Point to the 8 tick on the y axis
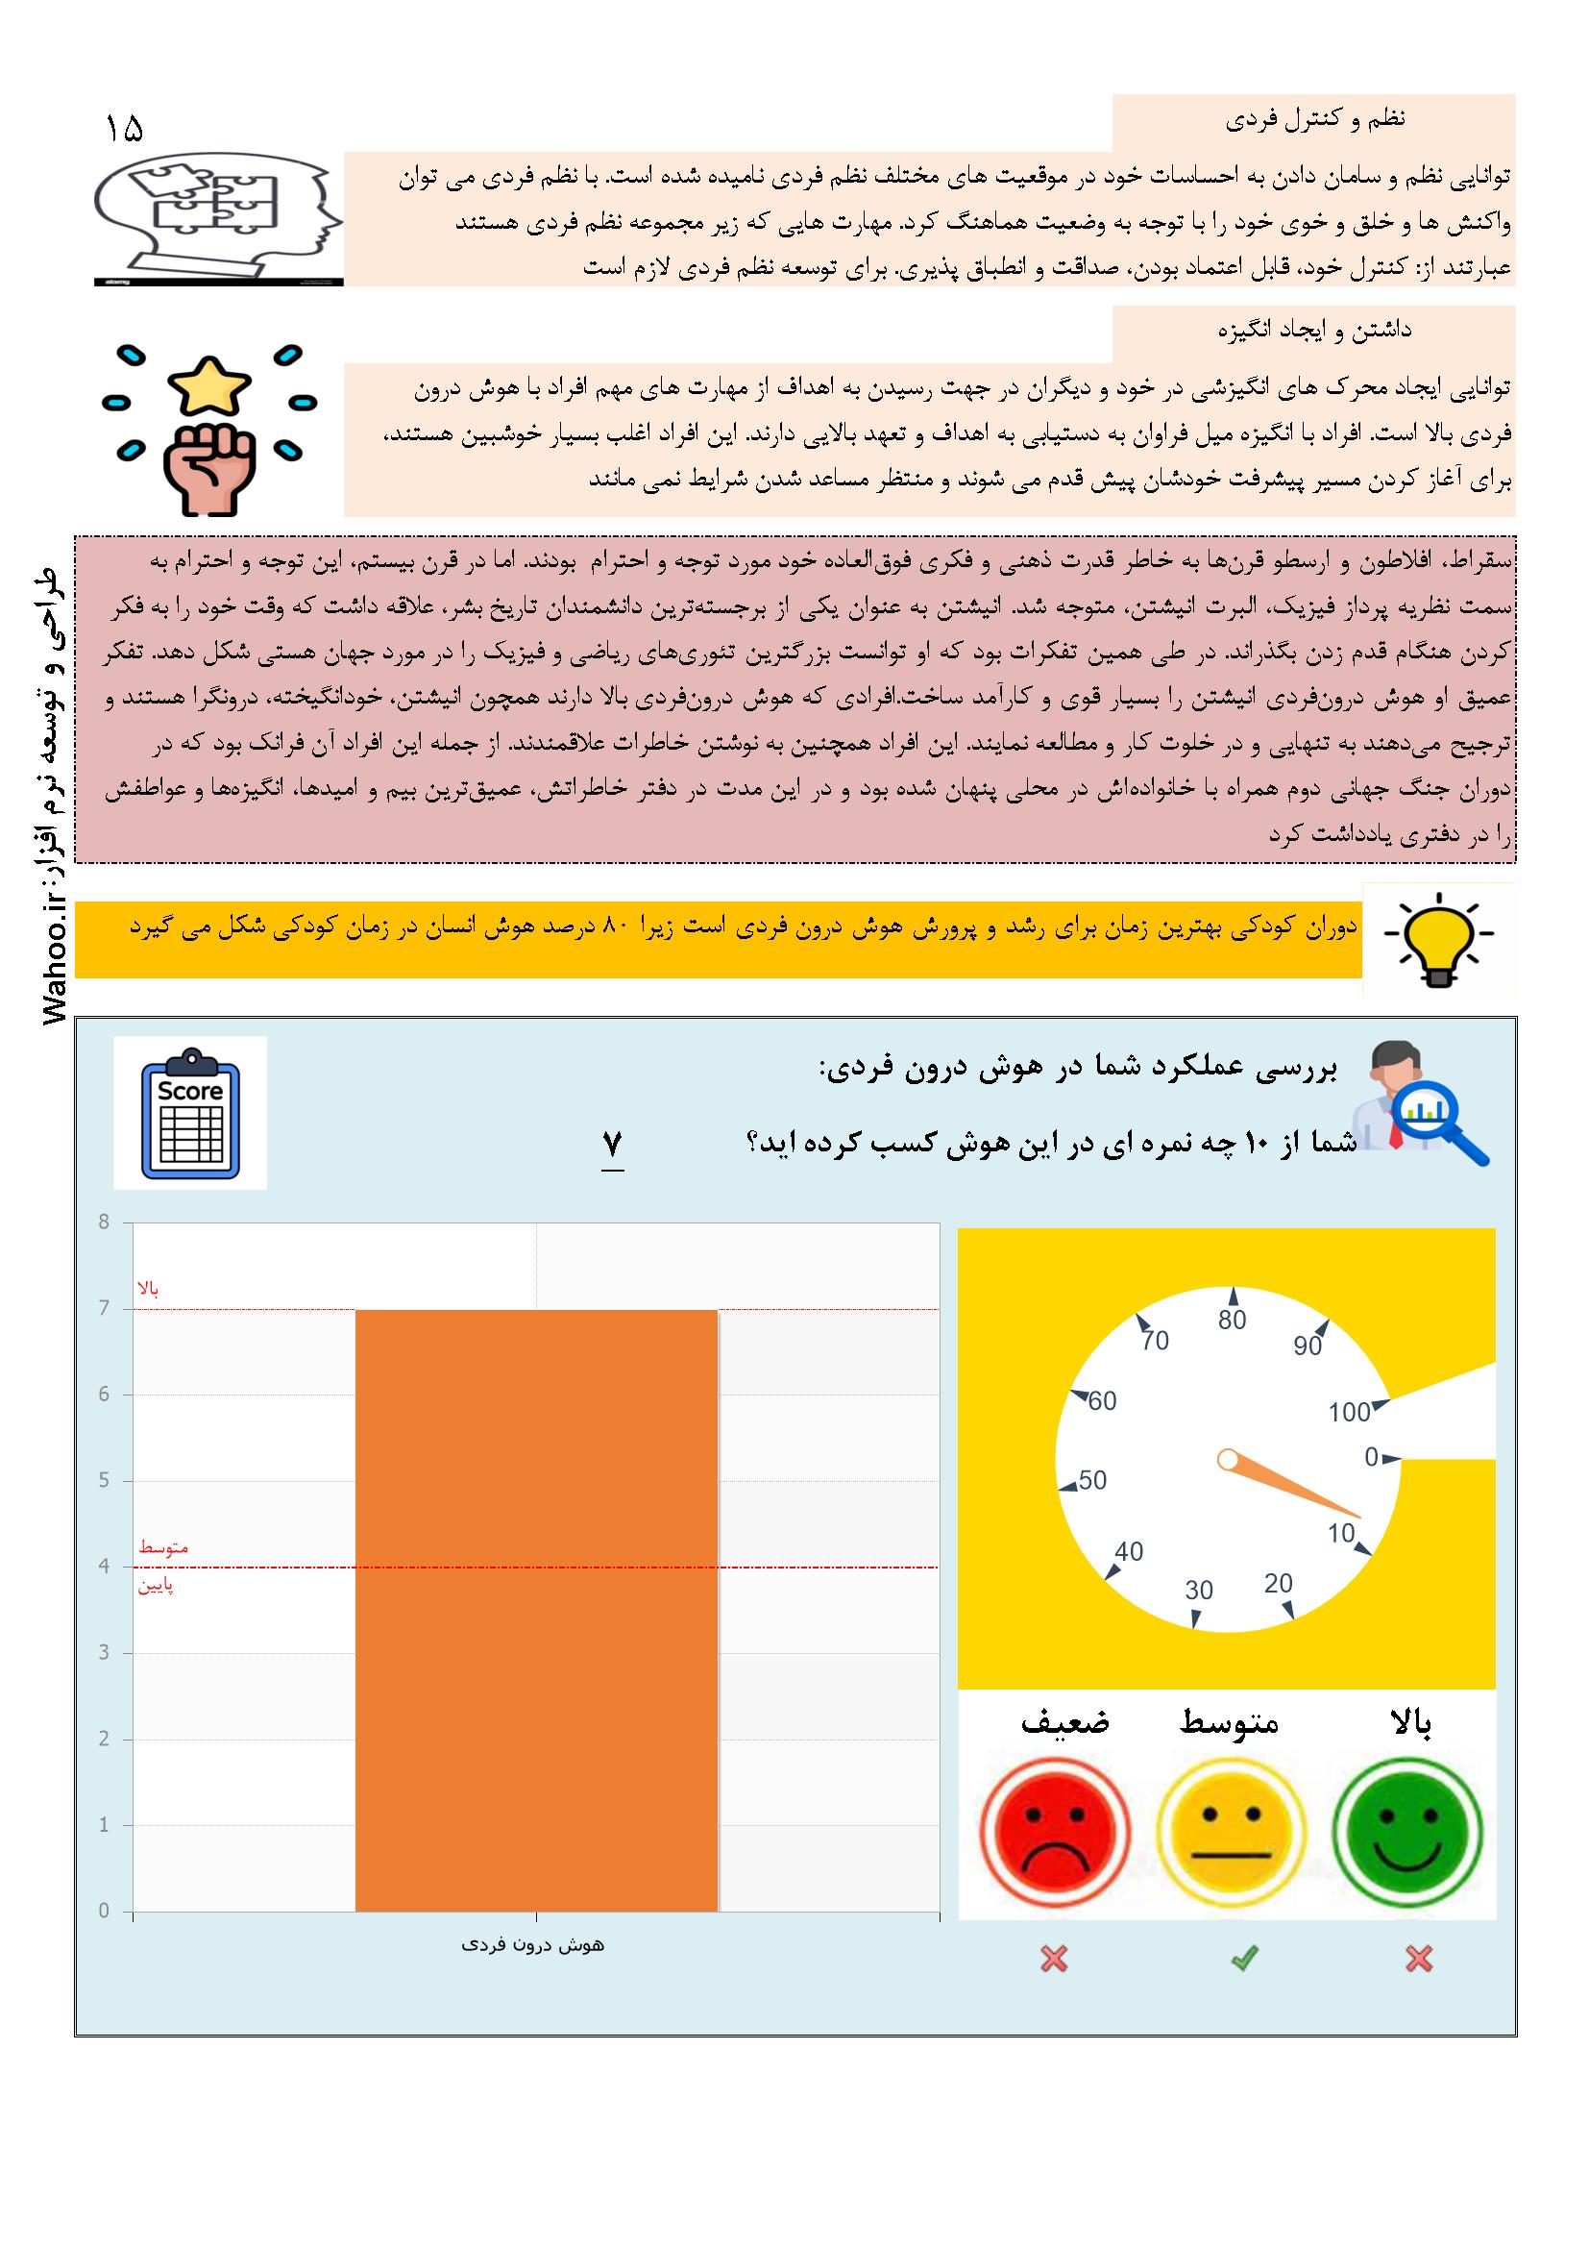coord(104,1222)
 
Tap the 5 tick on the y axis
coord(104,1481)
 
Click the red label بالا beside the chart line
coord(149,1289)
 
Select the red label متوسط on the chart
coord(163,1547)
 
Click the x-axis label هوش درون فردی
coord(533,1946)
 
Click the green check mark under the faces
coord(1243,1960)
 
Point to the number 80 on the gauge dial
coord(1232,1321)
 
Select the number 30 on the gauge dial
coord(1199,1591)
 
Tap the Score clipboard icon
coord(191,1113)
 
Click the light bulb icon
coord(1438,940)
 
